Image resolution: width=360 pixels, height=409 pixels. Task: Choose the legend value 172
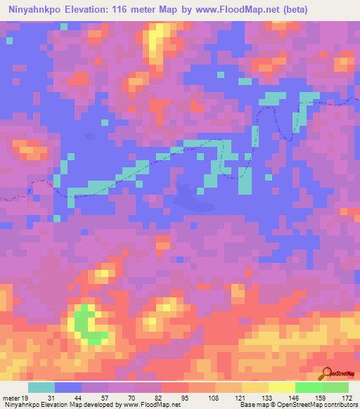click(x=348, y=397)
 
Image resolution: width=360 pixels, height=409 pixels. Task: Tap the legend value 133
click(x=266, y=397)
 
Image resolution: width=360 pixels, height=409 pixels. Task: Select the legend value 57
click(x=105, y=397)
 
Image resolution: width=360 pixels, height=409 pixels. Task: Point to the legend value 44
click(x=79, y=397)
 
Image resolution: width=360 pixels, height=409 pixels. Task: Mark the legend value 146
click(x=294, y=397)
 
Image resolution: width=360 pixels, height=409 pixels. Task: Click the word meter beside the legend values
click(x=10, y=397)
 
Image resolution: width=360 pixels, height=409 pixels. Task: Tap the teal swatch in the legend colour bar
click(x=41, y=387)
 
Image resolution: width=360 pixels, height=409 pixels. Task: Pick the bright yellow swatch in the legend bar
click(x=282, y=387)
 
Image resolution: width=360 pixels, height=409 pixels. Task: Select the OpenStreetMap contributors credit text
click(x=314, y=405)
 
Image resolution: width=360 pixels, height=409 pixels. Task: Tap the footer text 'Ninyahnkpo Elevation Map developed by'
click(x=61, y=405)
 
